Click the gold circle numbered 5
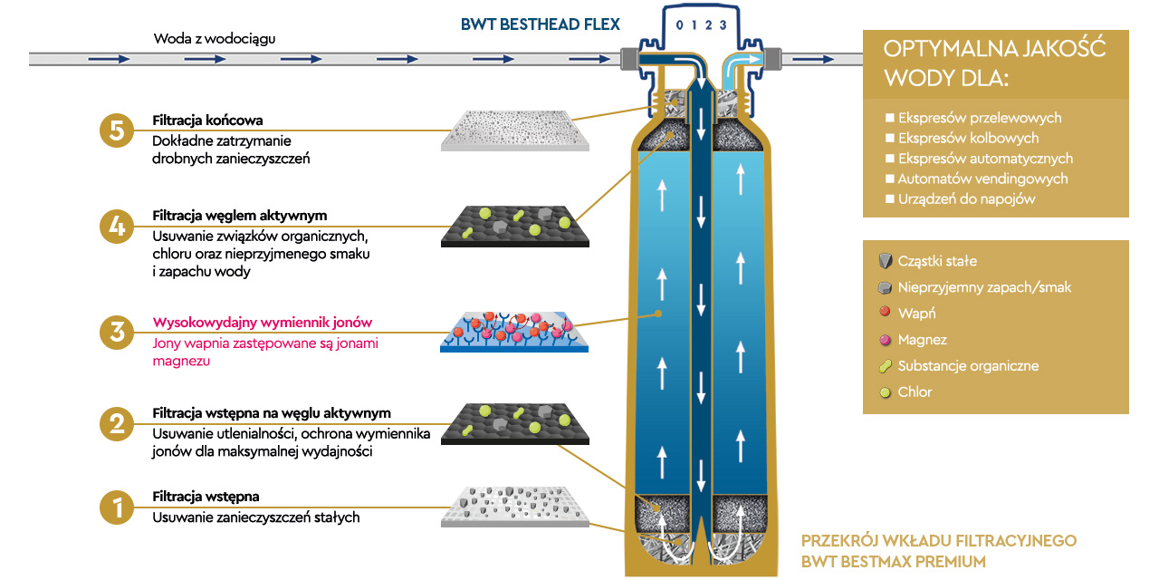pos(117,130)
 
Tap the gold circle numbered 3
pos(117,332)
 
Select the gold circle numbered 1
pos(117,507)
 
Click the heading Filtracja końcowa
pos(207,121)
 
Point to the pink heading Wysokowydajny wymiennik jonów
pos(262,323)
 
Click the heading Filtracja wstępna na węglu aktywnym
pos(272,413)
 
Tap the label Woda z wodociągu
pos(214,39)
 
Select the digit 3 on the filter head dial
pos(723,24)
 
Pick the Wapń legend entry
pos(916,313)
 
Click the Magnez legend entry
pos(922,339)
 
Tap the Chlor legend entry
pos(915,391)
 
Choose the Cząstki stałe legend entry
pos(936,261)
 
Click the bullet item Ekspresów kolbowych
pos(967,138)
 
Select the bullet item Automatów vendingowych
pos(982,179)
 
